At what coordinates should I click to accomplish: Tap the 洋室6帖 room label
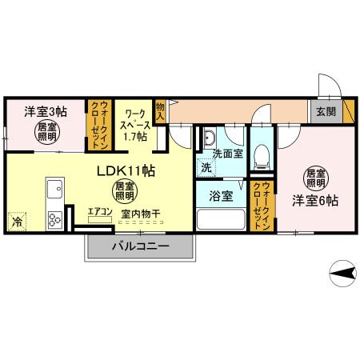pyautogui.click(x=314, y=200)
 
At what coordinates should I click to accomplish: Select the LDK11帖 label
pyautogui.click(x=126, y=172)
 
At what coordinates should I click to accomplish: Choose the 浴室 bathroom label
pyautogui.click(x=222, y=194)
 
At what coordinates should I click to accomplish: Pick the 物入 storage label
pyautogui.click(x=161, y=111)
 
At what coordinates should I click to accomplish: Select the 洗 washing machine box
pyautogui.click(x=206, y=168)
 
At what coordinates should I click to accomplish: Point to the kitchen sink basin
pyautogui.click(x=55, y=190)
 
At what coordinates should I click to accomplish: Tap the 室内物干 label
pyautogui.click(x=141, y=214)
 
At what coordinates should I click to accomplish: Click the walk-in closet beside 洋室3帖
pyautogui.click(x=99, y=126)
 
